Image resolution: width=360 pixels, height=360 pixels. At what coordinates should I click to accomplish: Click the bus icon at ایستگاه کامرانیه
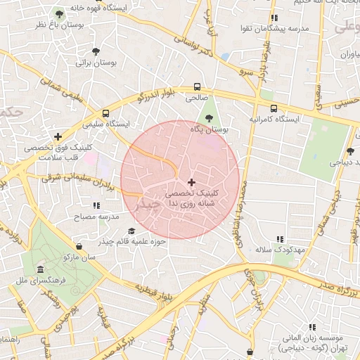274,108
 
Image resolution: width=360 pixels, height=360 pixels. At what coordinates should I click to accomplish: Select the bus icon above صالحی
197,88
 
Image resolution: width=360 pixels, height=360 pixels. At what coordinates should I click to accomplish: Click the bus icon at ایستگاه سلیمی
105,112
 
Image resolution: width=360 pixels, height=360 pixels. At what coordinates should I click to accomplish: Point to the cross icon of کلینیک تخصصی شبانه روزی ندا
191,182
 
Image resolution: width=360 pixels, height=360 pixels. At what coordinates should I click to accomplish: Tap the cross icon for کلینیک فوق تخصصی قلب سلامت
58,136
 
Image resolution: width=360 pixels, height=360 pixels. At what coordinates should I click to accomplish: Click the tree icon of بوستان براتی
96,51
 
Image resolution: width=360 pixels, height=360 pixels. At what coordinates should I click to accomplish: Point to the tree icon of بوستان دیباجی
350,151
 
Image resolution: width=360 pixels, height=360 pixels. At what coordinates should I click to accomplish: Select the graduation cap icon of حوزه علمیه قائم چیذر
131,231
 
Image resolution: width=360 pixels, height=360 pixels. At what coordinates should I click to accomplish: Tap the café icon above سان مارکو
79,247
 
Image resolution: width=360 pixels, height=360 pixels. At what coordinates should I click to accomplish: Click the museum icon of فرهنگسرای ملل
39,270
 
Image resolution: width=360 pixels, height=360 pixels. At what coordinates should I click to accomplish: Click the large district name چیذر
146,203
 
